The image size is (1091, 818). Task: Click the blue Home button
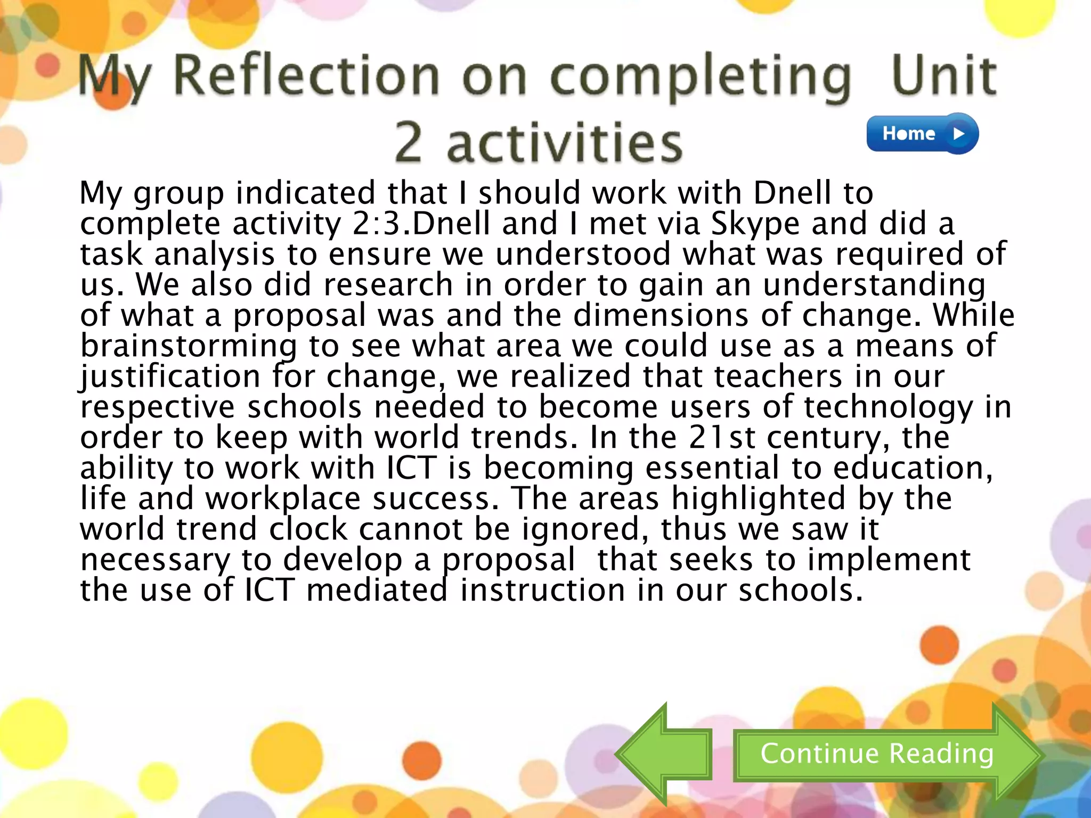click(922, 133)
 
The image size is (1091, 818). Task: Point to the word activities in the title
click(565, 143)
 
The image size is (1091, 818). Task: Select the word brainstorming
click(189, 346)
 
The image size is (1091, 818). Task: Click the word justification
click(170, 377)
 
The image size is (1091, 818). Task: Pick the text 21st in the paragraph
click(721, 437)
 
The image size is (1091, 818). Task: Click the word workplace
click(283, 498)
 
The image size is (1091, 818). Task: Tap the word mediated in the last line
click(377, 590)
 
